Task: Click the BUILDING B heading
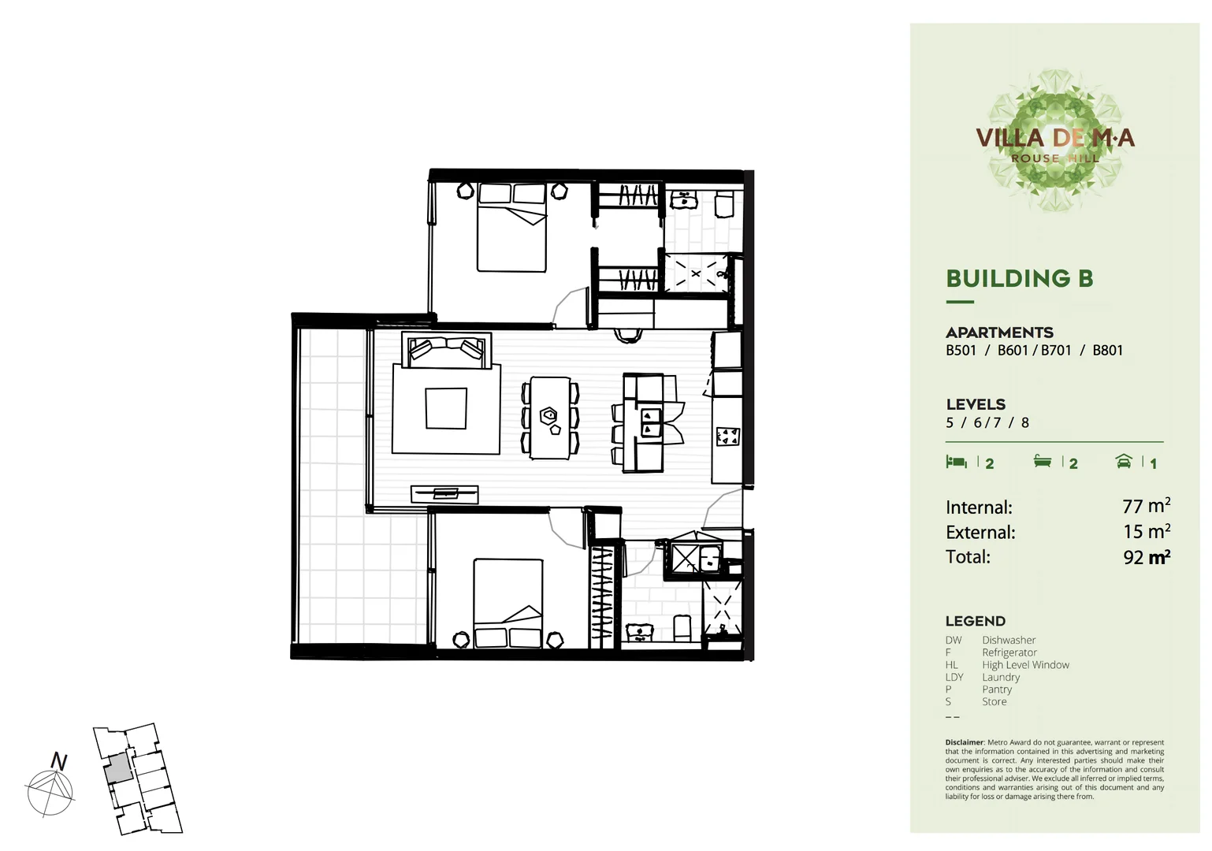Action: coord(1019,278)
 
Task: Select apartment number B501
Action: coord(961,351)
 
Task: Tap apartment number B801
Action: coord(1107,351)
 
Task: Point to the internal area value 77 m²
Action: coord(1146,507)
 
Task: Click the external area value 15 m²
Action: coord(1146,532)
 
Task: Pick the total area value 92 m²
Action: coord(1146,557)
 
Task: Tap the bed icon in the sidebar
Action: coord(956,462)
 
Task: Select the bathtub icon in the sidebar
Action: coord(1043,462)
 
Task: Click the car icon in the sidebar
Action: coord(1124,462)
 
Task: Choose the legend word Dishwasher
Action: coord(1009,641)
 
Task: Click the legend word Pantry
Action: coord(997,689)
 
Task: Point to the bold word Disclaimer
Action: coord(965,742)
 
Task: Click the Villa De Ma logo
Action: coord(1054,140)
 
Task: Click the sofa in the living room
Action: coord(446,350)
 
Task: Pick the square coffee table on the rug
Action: coord(446,408)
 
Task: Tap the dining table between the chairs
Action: coord(550,418)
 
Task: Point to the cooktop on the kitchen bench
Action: coord(727,437)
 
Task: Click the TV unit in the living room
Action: coord(444,494)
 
